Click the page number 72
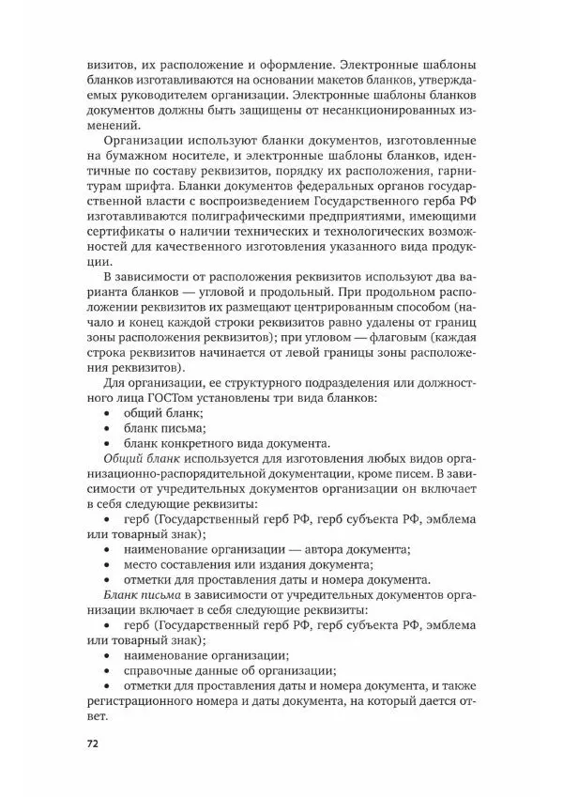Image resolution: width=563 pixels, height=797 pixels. pos(92,743)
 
